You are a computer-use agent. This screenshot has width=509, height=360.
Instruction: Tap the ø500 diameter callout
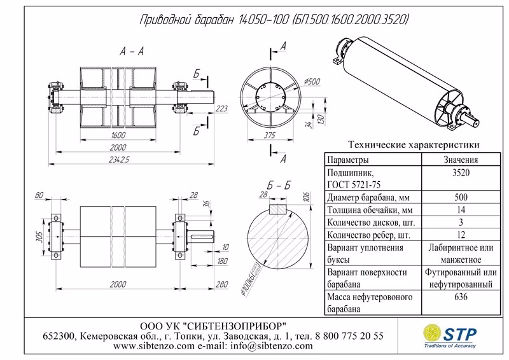click(312, 81)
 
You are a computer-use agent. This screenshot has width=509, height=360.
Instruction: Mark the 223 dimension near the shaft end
click(221, 109)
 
